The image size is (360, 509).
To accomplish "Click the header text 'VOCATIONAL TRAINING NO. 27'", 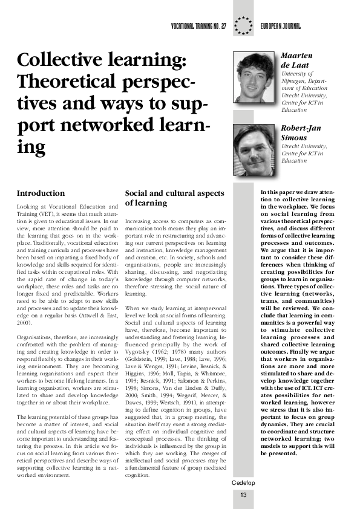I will pos(199,28).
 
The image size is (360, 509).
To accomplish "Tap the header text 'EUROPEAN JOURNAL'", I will pos(281,28).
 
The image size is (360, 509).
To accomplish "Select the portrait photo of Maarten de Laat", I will pos(255,77).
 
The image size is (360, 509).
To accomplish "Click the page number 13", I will pos(243,496).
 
